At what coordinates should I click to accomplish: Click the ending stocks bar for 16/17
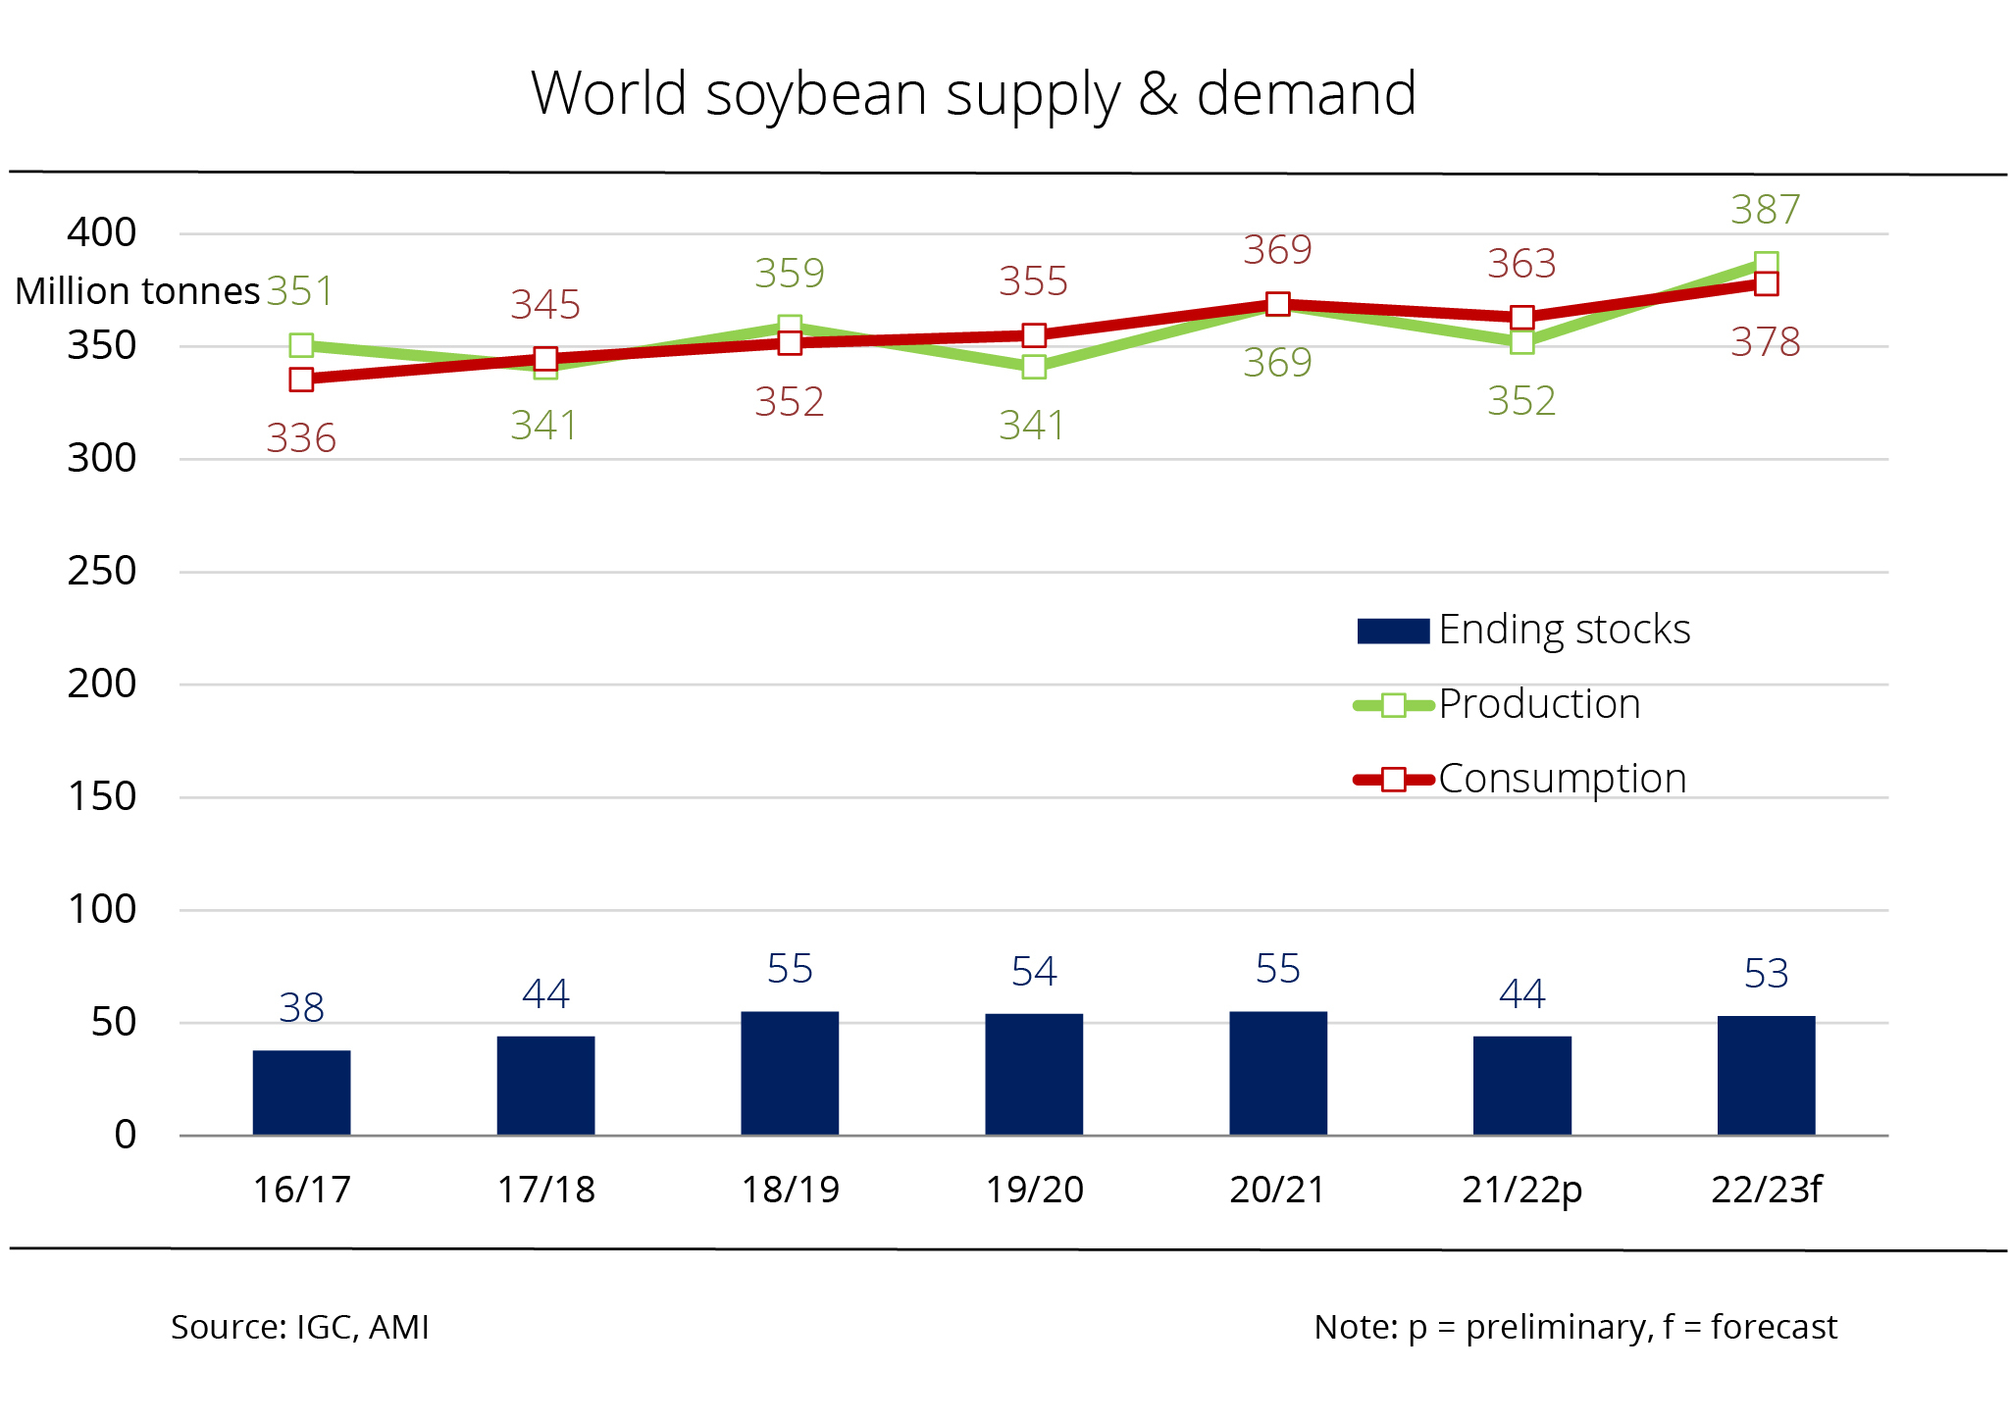[x=301, y=1092]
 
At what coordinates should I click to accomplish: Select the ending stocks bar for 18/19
[x=790, y=1073]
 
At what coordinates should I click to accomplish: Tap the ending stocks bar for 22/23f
[x=1766, y=1075]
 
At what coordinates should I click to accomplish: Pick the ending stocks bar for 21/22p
[x=1521, y=1085]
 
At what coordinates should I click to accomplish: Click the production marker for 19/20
[x=1034, y=367]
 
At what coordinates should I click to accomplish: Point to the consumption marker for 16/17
[x=301, y=380]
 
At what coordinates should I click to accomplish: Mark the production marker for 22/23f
[x=1766, y=264]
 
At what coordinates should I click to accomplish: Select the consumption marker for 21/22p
[x=1521, y=318]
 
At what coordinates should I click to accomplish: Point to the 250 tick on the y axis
[x=101, y=571]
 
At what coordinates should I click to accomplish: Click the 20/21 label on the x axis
[x=1277, y=1190]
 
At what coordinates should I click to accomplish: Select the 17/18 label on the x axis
[x=545, y=1190]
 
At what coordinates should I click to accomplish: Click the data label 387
[x=1765, y=210]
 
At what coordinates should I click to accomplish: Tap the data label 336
[x=301, y=438]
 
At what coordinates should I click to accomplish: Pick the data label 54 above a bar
[x=1034, y=972]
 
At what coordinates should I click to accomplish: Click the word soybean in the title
[x=814, y=95]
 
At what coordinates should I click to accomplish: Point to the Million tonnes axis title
[x=137, y=291]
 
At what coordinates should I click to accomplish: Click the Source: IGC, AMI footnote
[x=300, y=1327]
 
